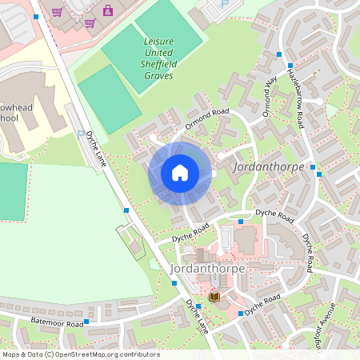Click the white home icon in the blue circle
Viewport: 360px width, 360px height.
180,173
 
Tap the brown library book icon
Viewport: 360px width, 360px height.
214,297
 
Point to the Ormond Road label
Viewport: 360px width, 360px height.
207,117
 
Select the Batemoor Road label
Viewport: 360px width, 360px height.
58,323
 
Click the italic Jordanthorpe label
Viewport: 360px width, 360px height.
263,168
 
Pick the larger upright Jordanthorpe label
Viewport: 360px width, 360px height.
208,269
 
